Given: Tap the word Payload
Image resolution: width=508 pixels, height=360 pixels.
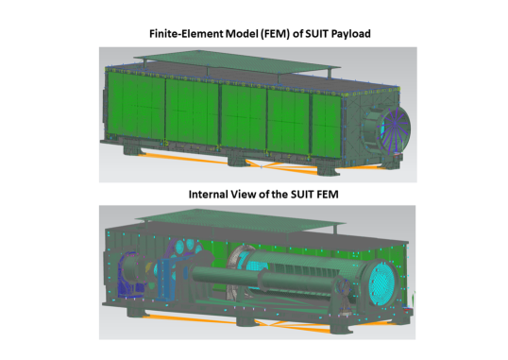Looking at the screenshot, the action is pyautogui.click(x=351, y=34).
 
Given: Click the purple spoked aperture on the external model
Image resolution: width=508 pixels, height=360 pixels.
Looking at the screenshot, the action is pyautogui.click(x=394, y=129).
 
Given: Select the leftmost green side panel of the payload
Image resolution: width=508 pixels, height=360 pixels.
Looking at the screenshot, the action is pyautogui.click(x=136, y=107).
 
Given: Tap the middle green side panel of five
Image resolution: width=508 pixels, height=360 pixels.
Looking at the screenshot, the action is pyautogui.click(x=244, y=117).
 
